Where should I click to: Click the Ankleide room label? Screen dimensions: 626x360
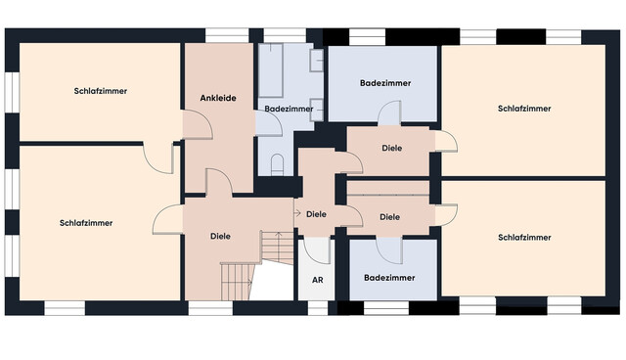coord(218,98)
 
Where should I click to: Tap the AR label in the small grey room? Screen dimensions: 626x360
coord(317,280)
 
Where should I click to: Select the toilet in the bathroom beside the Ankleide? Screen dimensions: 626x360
coord(277,164)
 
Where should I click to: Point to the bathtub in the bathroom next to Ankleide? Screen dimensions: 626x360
coord(271,70)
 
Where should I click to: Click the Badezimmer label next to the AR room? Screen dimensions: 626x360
coord(389,278)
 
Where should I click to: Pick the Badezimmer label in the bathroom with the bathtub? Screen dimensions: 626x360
coord(289,109)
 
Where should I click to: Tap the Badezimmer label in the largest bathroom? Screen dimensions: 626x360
coord(385,83)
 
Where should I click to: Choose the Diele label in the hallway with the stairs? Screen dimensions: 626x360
coord(220,236)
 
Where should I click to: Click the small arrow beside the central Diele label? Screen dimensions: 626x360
coord(297,213)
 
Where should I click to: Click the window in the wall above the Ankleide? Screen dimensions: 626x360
coord(227,35)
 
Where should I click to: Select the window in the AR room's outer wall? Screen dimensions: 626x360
coord(317,308)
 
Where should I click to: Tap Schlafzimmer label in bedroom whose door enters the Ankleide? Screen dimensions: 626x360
coord(100,91)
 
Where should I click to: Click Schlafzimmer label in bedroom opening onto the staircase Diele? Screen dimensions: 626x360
coord(86,223)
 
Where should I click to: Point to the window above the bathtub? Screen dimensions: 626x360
coord(285,35)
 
